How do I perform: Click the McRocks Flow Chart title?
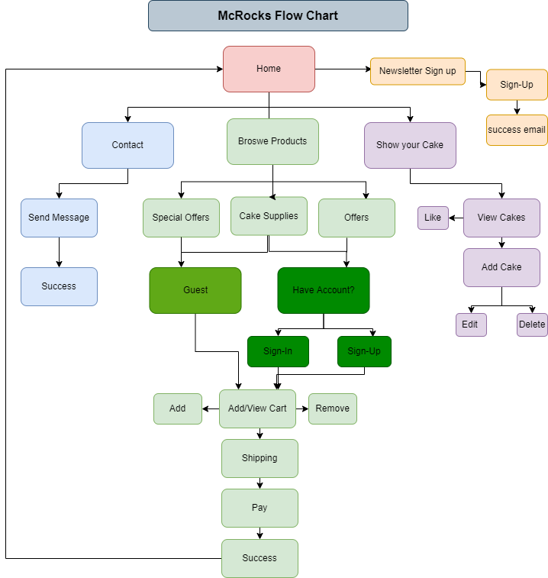click(x=278, y=16)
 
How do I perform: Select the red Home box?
click(x=269, y=69)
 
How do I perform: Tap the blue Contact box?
click(x=127, y=145)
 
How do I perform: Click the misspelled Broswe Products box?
click(x=272, y=141)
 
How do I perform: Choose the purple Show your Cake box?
click(x=410, y=145)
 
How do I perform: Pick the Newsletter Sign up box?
click(x=417, y=71)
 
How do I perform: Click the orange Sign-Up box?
click(x=517, y=85)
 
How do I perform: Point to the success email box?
click(x=517, y=130)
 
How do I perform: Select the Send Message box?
click(x=59, y=218)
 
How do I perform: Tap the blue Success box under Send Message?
click(x=59, y=286)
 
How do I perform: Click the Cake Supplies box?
click(x=269, y=216)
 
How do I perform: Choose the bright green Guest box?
click(x=195, y=290)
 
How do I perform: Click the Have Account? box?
click(x=323, y=290)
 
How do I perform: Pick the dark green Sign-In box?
click(x=278, y=351)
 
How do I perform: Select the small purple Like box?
click(x=433, y=218)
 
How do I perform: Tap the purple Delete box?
click(x=532, y=325)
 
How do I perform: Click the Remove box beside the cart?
click(x=332, y=408)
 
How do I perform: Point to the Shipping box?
click(x=259, y=458)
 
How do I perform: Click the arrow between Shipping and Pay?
click(x=259, y=483)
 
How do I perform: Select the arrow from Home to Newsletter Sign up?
click(x=342, y=69)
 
